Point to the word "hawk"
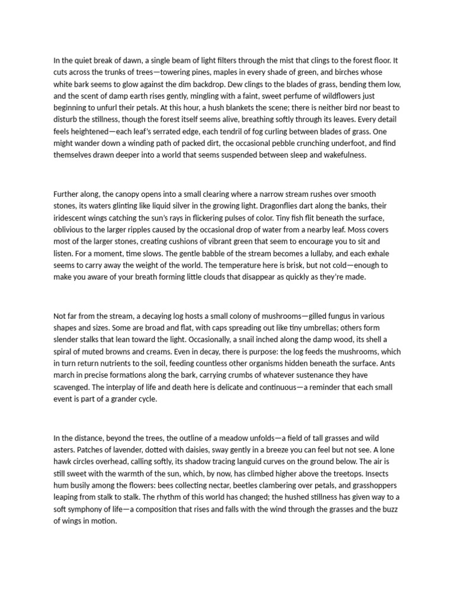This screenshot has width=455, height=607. (63, 462)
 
